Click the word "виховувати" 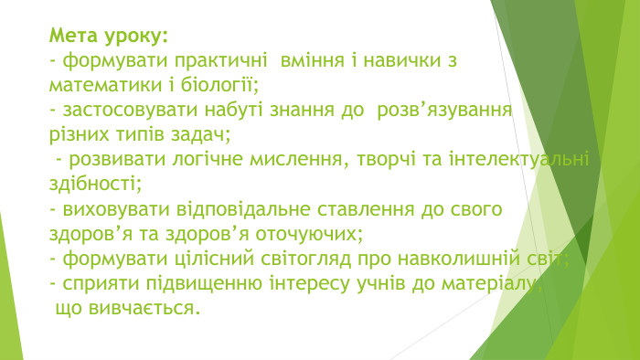[x=111, y=209]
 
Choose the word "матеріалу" [x=502, y=283]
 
